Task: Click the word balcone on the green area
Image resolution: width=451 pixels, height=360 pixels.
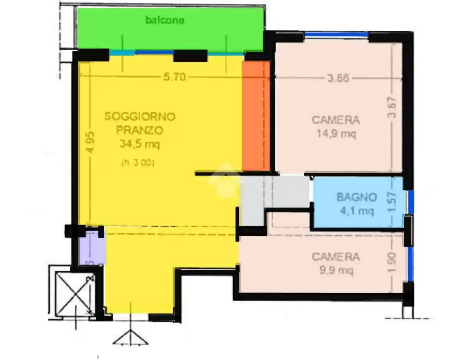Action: pos(164,20)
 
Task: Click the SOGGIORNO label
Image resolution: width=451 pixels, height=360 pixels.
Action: pos(140,116)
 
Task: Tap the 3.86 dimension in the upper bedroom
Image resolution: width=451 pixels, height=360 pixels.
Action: pos(338,78)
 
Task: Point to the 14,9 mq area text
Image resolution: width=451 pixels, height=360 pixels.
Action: pos(336,134)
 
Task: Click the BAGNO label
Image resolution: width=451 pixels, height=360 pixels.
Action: pos(357,197)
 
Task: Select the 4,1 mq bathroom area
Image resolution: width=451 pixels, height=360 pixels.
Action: pos(357,211)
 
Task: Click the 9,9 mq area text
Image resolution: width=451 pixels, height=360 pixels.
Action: pos(336,271)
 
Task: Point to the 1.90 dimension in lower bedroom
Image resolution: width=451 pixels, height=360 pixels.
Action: pos(393,263)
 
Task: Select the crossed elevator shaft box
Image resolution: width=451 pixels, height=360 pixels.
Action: pos(73,290)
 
